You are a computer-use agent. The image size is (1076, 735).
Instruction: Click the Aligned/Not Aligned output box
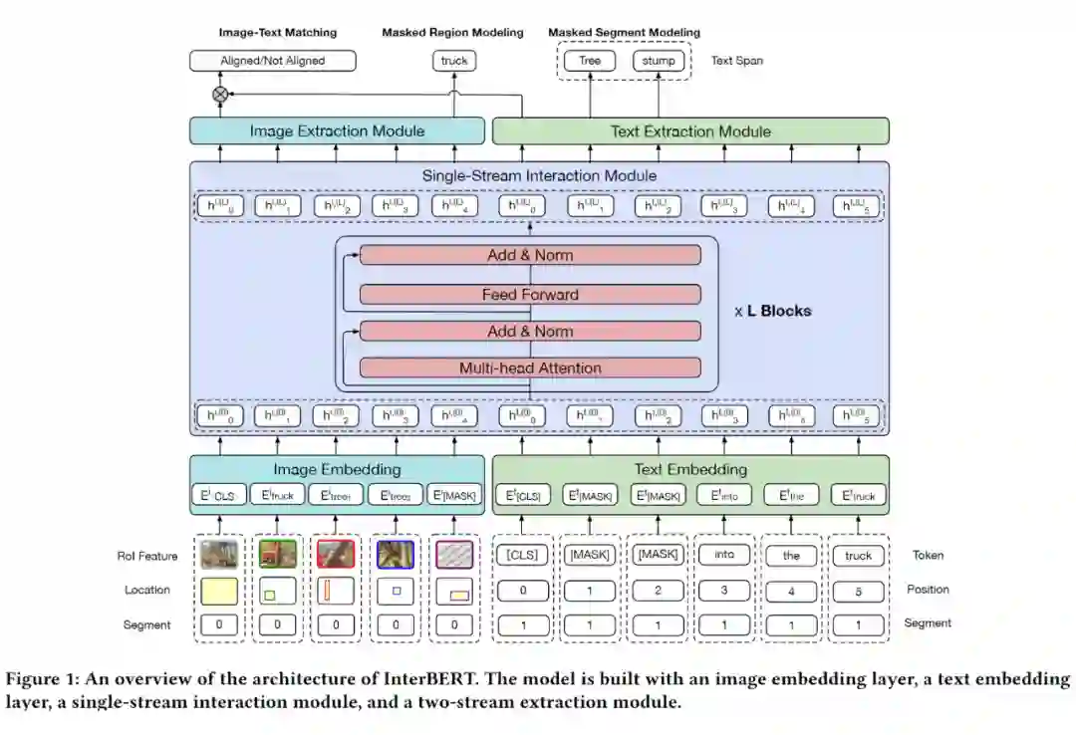tap(272, 61)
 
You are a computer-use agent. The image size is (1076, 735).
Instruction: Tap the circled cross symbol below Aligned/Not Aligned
tap(220, 94)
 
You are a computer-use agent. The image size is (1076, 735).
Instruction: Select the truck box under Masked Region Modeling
tap(453, 61)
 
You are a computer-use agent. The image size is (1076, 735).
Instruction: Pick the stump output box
tap(658, 61)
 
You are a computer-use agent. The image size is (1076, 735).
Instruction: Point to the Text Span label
tap(737, 61)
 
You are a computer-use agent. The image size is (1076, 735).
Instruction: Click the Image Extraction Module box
tap(337, 131)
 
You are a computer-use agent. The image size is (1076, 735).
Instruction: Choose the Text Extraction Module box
tap(690, 131)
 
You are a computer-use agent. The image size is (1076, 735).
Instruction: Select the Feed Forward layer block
tap(530, 295)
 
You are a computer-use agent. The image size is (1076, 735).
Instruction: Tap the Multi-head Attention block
tap(530, 368)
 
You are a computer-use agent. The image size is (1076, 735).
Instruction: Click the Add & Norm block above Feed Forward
tap(530, 256)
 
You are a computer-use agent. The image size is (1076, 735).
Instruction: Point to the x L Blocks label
tap(773, 311)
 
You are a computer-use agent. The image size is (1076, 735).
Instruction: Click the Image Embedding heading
tap(337, 469)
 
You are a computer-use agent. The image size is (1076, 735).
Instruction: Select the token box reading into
tap(724, 554)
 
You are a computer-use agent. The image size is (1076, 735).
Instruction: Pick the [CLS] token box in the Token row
tap(523, 555)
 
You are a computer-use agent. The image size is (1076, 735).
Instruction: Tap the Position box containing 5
tap(858, 591)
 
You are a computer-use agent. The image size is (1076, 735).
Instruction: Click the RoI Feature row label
tap(146, 557)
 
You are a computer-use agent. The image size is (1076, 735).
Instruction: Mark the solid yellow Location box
tap(219, 592)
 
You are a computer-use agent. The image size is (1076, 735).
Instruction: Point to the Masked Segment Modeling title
tap(624, 33)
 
